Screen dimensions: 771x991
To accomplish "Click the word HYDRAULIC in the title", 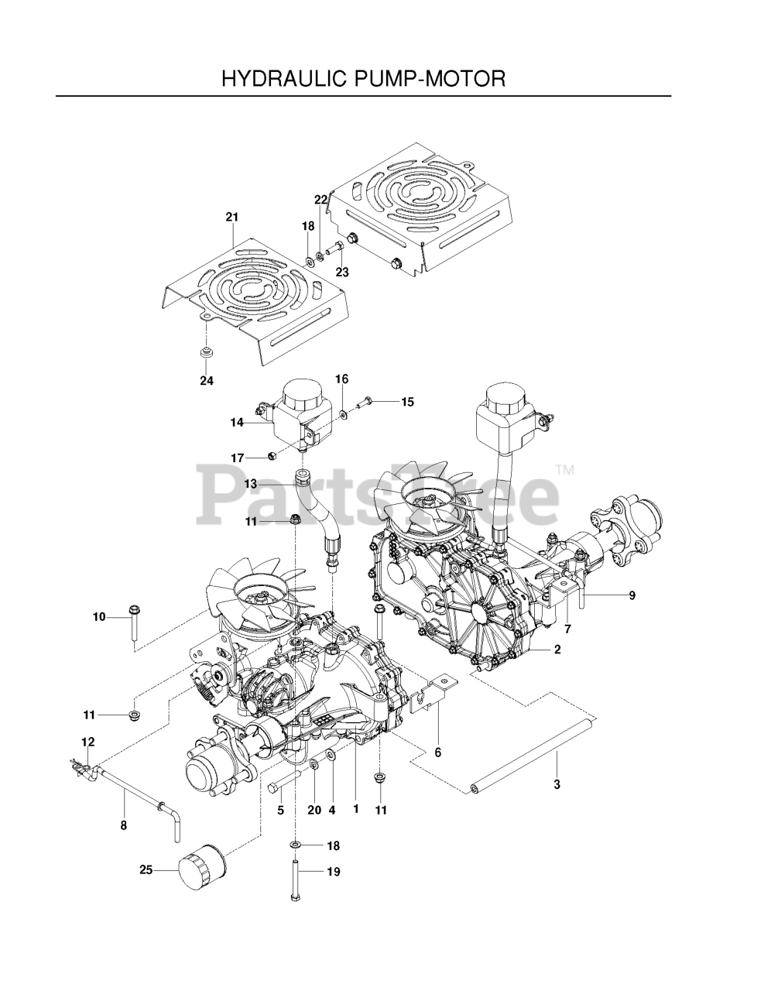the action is (284, 78).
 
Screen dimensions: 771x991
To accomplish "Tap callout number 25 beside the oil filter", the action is (146, 869).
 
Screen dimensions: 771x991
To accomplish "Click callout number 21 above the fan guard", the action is (232, 217).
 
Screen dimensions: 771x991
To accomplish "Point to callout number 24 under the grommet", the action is (207, 380).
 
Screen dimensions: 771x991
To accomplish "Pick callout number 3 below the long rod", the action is (557, 784).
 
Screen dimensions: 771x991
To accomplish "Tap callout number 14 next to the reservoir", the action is (237, 423).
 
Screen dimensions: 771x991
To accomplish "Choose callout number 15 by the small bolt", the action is (407, 402).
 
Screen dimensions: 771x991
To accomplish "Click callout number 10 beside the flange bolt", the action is (99, 617).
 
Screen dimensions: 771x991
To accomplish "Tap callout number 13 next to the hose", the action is (251, 484).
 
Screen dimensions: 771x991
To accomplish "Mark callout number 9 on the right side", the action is (632, 595).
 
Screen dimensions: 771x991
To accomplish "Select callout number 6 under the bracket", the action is (437, 753).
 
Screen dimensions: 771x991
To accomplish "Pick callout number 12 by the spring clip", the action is (88, 742).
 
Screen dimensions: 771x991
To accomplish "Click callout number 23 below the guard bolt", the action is (342, 273).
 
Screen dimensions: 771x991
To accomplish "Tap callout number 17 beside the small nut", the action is (237, 458).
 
